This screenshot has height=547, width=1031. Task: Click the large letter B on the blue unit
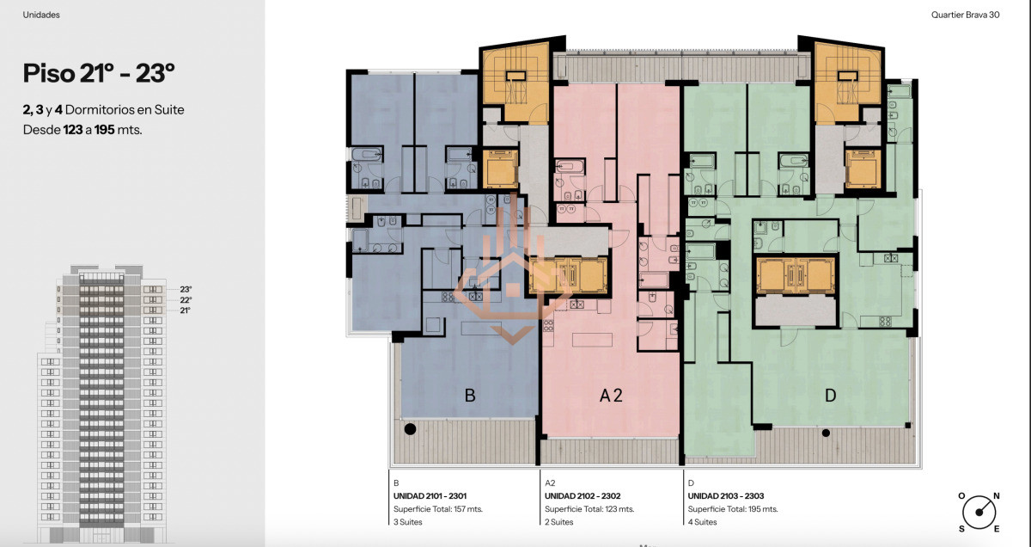(x=470, y=396)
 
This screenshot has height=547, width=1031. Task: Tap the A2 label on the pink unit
(x=611, y=396)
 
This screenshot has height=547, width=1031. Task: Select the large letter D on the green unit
(x=830, y=396)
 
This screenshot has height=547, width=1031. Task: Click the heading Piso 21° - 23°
(x=99, y=73)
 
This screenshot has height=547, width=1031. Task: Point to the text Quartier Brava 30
(x=965, y=15)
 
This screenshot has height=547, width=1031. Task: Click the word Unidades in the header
(x=41, y=15)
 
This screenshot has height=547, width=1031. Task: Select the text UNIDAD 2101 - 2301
(x=430, y=496)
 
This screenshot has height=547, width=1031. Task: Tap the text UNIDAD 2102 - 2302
(x=583, y=496)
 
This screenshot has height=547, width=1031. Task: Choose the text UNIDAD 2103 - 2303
(x=726, y=496)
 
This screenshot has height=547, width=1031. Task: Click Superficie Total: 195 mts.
(x=733, y=509)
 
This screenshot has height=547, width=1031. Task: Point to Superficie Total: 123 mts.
(x=589, y=509)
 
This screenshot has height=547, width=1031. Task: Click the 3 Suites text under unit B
(x=408, y=522)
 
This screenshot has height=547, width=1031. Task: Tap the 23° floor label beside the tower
(x=186, y=289)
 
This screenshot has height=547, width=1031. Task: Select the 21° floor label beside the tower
(x=185, y=310)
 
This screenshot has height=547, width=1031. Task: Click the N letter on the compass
(x=997, y=496)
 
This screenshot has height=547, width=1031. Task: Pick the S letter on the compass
(x=961, y=529)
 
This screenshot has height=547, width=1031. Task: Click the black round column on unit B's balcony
(x=410, y=429)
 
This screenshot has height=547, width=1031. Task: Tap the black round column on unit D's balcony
(x=827, y=433)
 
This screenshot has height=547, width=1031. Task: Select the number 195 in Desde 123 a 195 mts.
(x=105, y=130)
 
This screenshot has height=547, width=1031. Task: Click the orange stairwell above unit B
(x=515, y=83)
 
